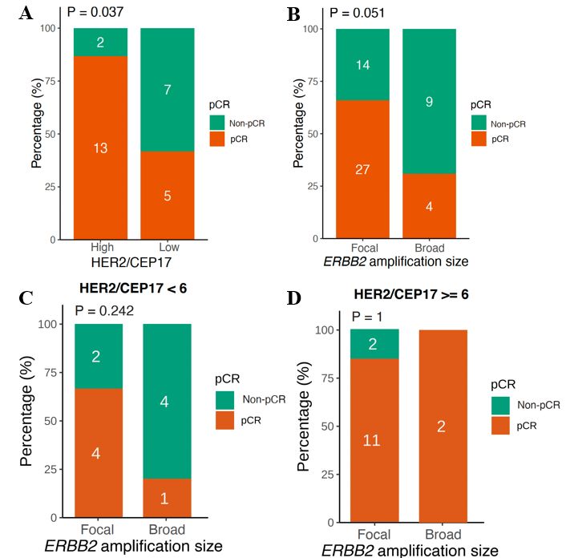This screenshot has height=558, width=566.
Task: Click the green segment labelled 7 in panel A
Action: [x=167, y=90]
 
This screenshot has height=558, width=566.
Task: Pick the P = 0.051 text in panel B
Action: [x=356, y=13]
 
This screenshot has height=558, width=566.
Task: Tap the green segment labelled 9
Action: [x=430, y=102]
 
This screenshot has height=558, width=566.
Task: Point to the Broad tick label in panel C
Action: [x=167, y=530]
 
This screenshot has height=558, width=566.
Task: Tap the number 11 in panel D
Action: [x=371, y=440]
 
